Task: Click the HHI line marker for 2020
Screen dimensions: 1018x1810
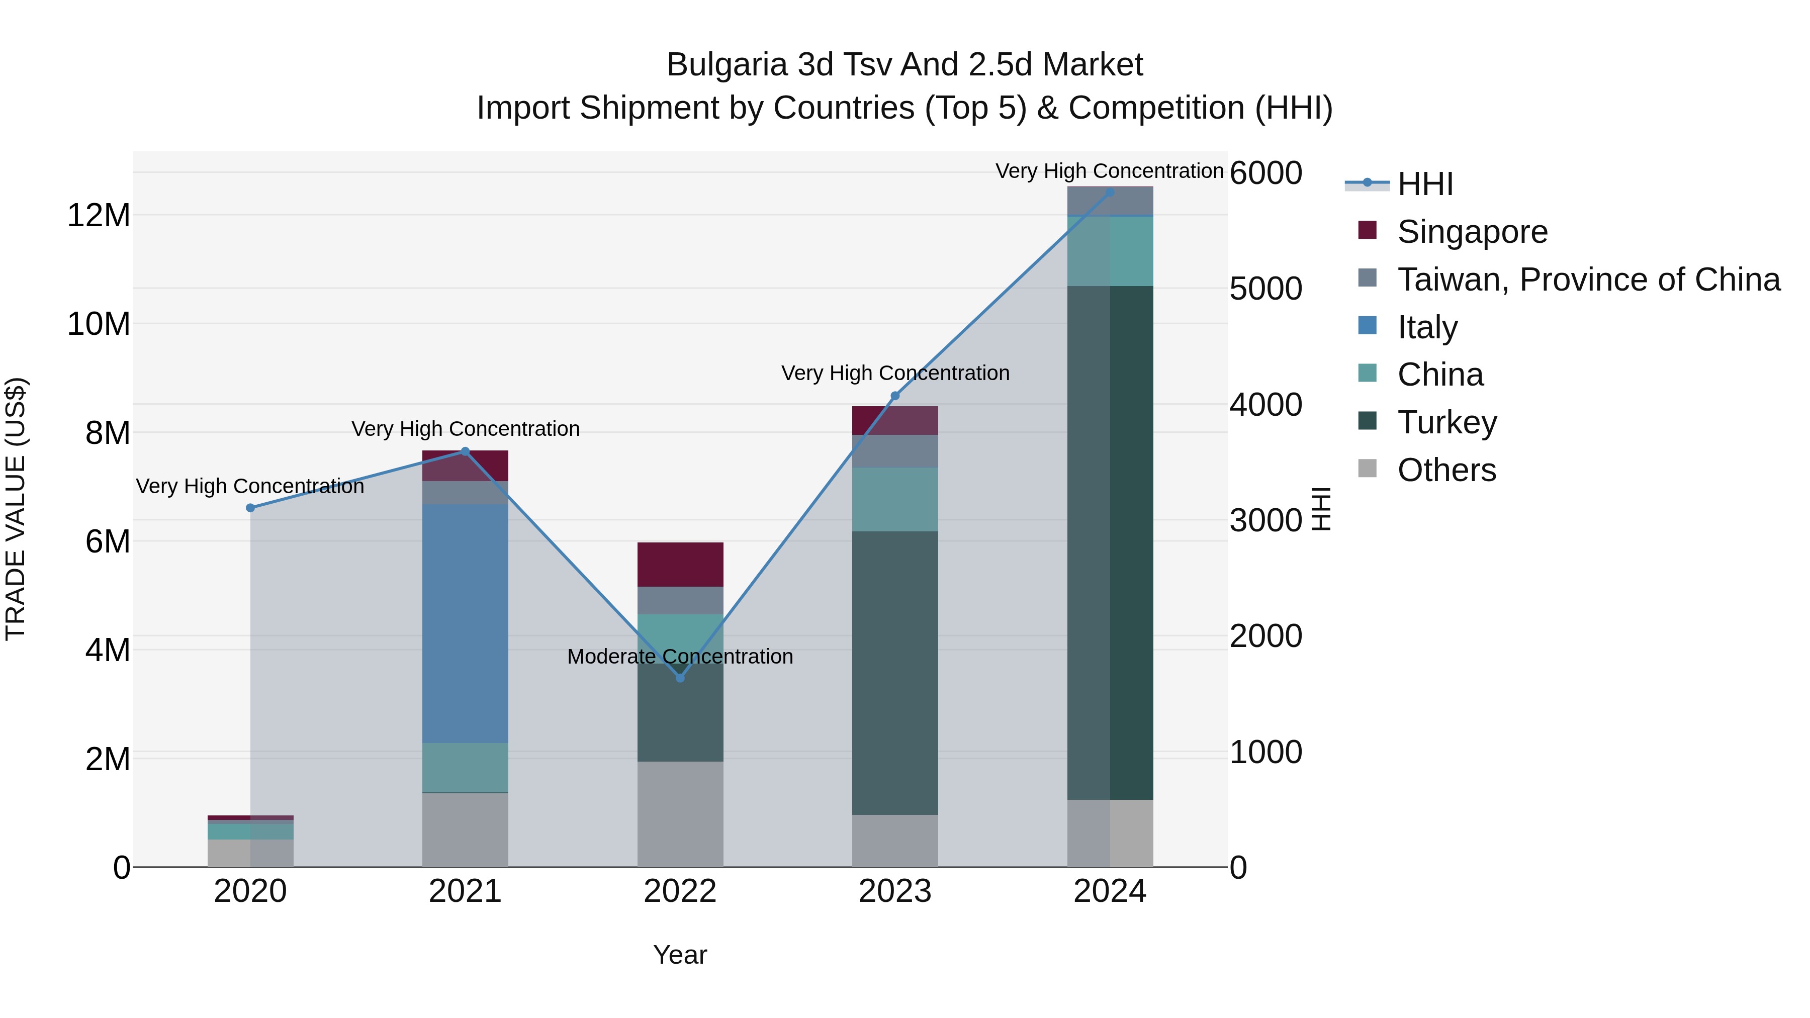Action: click(x=250, y=508)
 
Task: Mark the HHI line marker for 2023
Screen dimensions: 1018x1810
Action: click(x=894, y=396)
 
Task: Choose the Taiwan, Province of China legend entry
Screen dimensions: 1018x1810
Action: click(x=1588, y=280)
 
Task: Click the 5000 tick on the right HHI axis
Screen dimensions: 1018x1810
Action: click(x=1265, y=289)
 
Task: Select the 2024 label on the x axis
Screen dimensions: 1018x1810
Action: click(x=1110, y=891)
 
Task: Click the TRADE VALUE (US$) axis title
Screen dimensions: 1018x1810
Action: click(x=16, y=509)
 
